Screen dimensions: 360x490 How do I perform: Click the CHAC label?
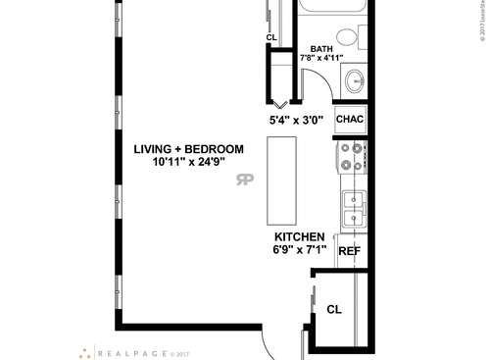coord(350,119)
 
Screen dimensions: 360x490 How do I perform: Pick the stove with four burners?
coord(353,157)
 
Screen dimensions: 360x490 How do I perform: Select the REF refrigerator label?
coord(350,251)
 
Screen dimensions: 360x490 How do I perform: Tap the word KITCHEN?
coord(299,237)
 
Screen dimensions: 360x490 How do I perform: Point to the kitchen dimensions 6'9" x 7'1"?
coord(299,250)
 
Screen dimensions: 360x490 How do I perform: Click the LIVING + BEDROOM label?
coord(189,149)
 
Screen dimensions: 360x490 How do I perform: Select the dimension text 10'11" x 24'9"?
coord(189,162)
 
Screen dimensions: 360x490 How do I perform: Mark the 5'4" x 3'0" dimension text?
coord(299,121)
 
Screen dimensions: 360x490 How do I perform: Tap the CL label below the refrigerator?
coord(334,308)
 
